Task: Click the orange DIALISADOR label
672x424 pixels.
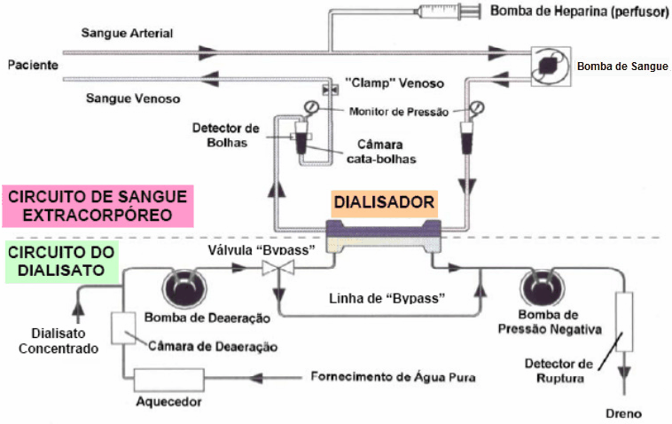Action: (x=383, y=202)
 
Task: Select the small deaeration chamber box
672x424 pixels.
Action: (x=121, y=327)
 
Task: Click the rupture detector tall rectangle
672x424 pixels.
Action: (x=626, y=323)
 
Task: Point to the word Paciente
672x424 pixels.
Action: (x=32, y=66)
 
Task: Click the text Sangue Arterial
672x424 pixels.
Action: (x=127, y=34)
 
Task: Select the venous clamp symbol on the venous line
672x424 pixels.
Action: (x=329, y=90)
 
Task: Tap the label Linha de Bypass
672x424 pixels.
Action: (x=385, y=299)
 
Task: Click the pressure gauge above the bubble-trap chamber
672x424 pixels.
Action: (x=310, y=106)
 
